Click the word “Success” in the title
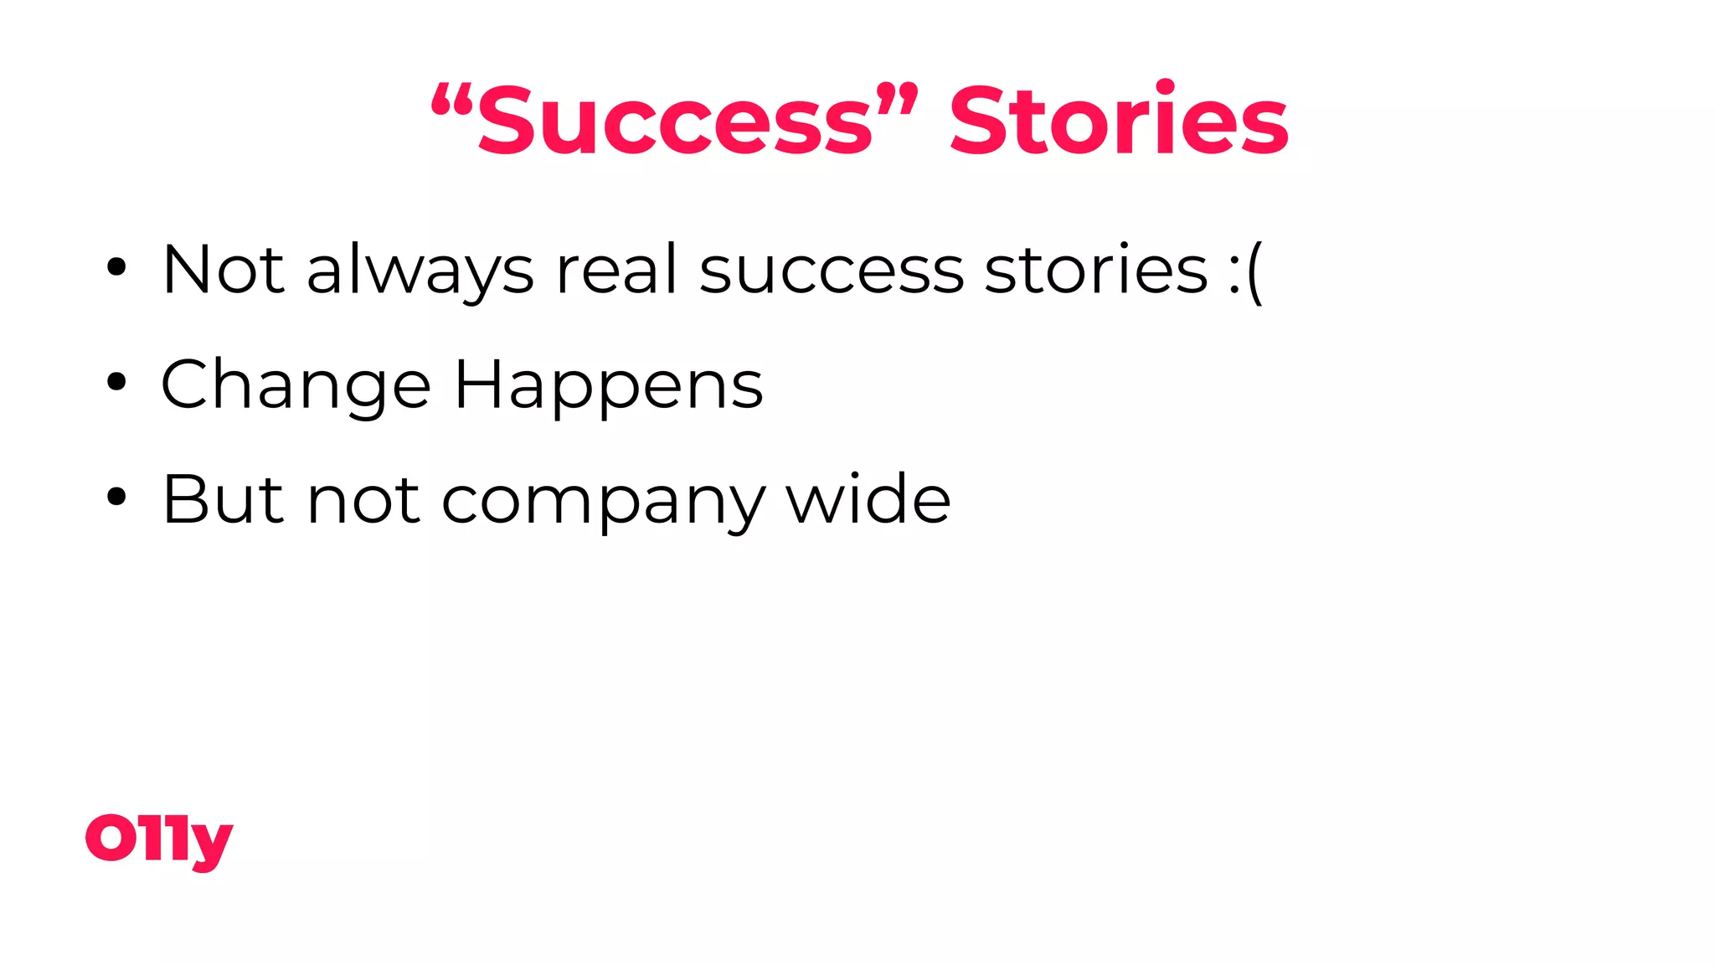point(675,121)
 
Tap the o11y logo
point(159,840)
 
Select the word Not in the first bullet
point(223,270)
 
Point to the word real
point(616,270)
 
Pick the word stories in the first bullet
point(1096,270)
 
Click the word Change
point(296,385)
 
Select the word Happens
point(609,385)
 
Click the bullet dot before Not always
point(116,268)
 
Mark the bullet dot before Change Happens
point(116,383)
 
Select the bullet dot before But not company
point(116,498)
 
